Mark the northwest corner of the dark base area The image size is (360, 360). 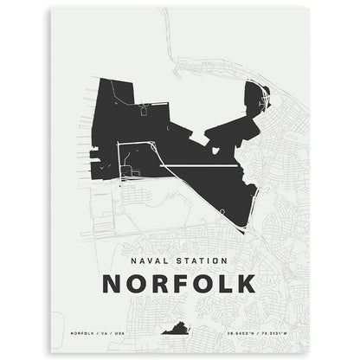[x=100, y=80]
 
